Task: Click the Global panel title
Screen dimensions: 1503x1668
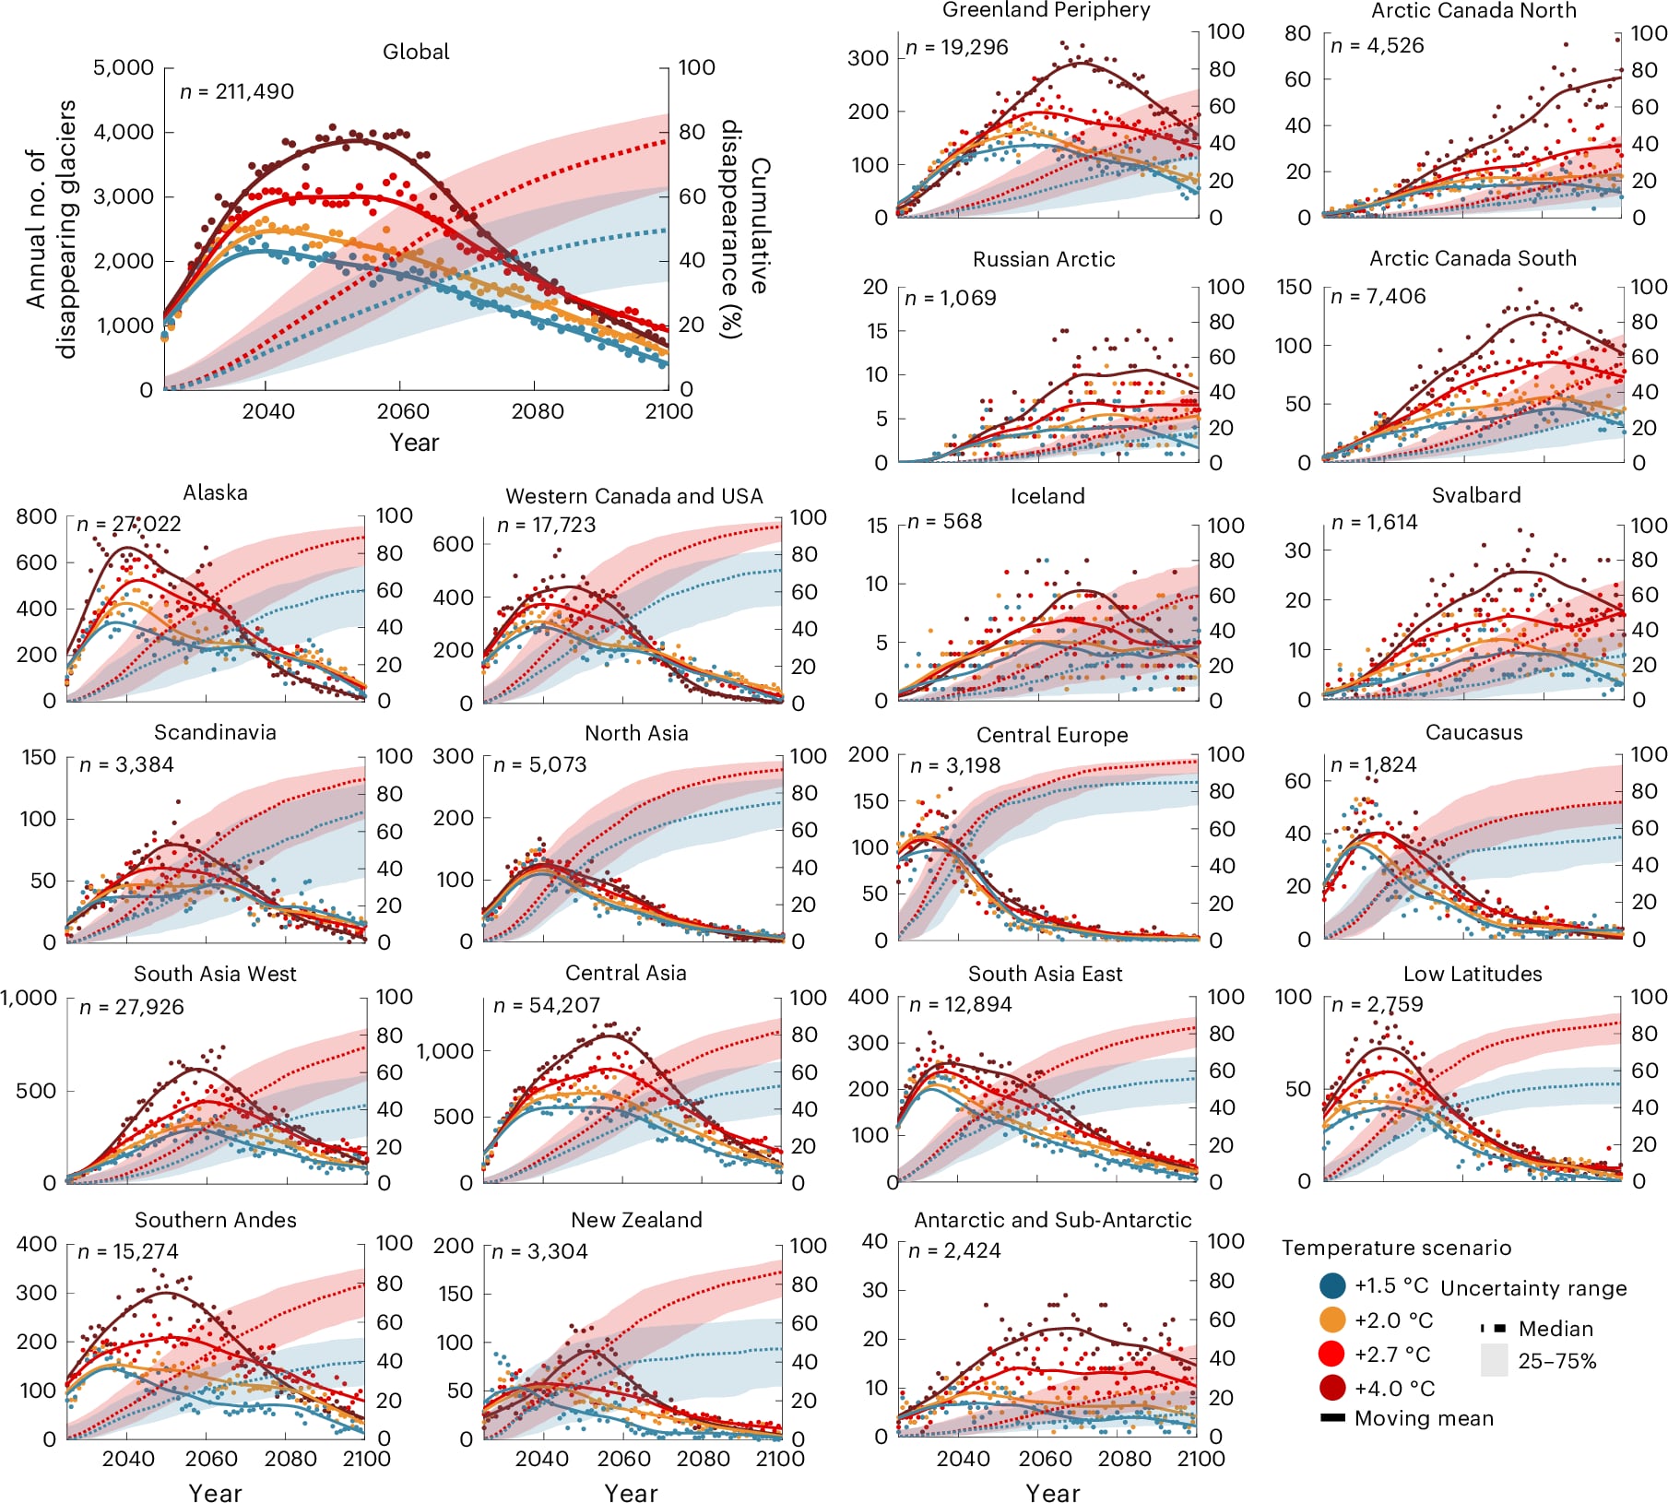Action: [x=416, y=52]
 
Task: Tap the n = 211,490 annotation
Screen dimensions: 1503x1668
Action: [x=237, y=91]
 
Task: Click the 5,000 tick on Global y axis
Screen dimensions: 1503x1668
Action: [x=124, y=68]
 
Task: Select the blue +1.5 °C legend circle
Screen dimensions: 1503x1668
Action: [x=1332, y=1285]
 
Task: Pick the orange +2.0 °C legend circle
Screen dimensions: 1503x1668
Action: [x=1332, y=1320]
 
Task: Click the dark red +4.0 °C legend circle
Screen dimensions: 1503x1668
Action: [x=1332, y=1388]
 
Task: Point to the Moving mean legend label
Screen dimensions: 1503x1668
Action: [x=1424, y=1418]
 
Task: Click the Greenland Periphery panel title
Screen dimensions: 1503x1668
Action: [x=1046, y=10]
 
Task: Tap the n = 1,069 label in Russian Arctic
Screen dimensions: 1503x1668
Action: [x=950, y=298]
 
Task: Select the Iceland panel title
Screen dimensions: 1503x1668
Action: [x=1047, y=496]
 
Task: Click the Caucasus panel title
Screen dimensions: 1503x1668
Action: [x=1473, y=732]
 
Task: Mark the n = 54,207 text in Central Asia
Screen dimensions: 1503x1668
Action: [x=547, y=1005]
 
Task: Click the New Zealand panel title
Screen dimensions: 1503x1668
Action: [x=636, y=1220]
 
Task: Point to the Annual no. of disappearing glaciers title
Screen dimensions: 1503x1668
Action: [x=51, y=229]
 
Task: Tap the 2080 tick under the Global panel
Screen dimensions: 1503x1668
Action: [x=538, y=411]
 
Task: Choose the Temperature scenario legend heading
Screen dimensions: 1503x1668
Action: [x=1396, y=1248]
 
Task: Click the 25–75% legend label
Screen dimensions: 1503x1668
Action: [x=1556, y=1361]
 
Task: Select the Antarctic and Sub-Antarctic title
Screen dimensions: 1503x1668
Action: [x=1052, y=1220]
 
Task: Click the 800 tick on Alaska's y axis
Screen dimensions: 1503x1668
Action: [x=37, y=516]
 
